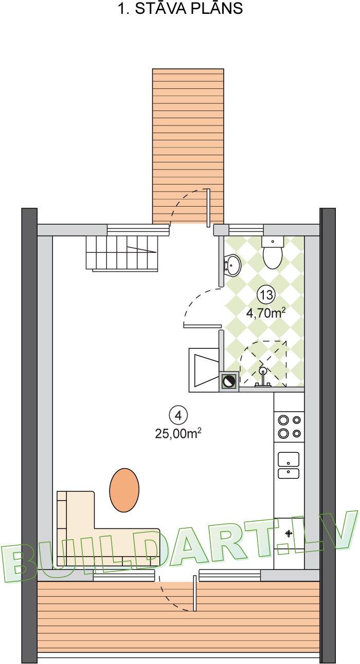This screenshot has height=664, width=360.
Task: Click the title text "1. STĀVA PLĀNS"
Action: (x=180, y=9)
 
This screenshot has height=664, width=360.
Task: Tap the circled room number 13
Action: (x=266, y=295)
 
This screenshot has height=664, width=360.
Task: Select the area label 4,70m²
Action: (x=266, y=312)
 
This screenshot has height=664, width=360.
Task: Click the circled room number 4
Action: (x=178, y=415)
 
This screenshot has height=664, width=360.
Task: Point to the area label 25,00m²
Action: (x=178, y=433)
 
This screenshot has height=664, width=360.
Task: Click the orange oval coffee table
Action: (x=124, y=490)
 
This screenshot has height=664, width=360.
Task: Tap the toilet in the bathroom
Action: (x=272, y=254)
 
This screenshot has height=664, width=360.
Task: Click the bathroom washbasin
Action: (x=232, y=265)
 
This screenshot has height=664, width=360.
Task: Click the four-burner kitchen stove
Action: (x=289, y=427)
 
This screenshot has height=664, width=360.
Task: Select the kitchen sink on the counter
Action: (x=289, y=465)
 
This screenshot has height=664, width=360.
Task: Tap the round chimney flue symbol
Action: (x=229, y=381)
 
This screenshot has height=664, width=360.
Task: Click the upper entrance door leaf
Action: (x=208, y=208)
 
